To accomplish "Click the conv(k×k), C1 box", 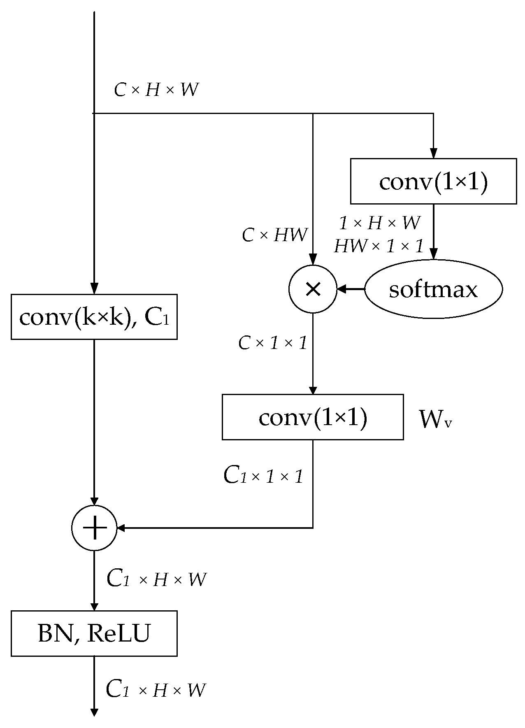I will tap(94, 316).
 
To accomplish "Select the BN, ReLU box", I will tap(94, 633).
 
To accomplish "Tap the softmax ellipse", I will tap(433, 289).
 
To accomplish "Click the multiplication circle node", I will tap(313, 289).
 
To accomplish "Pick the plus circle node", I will tap(94, 528).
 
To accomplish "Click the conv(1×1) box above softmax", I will tap(433, 181).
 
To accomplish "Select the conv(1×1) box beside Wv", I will tap(313, 417).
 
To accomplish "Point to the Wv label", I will tap(435, 419).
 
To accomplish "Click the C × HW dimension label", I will tap(274, 235).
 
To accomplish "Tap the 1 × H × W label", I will tap(379, 223).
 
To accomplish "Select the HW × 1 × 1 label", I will tap(379, 247).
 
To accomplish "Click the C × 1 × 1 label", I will tap(272, 343).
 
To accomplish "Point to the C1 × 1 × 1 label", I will tap(263, 476).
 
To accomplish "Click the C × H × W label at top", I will tap(156, 90).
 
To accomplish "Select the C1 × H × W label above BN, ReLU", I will tap(156, 579).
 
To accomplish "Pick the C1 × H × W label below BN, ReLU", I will tap(156, 690).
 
